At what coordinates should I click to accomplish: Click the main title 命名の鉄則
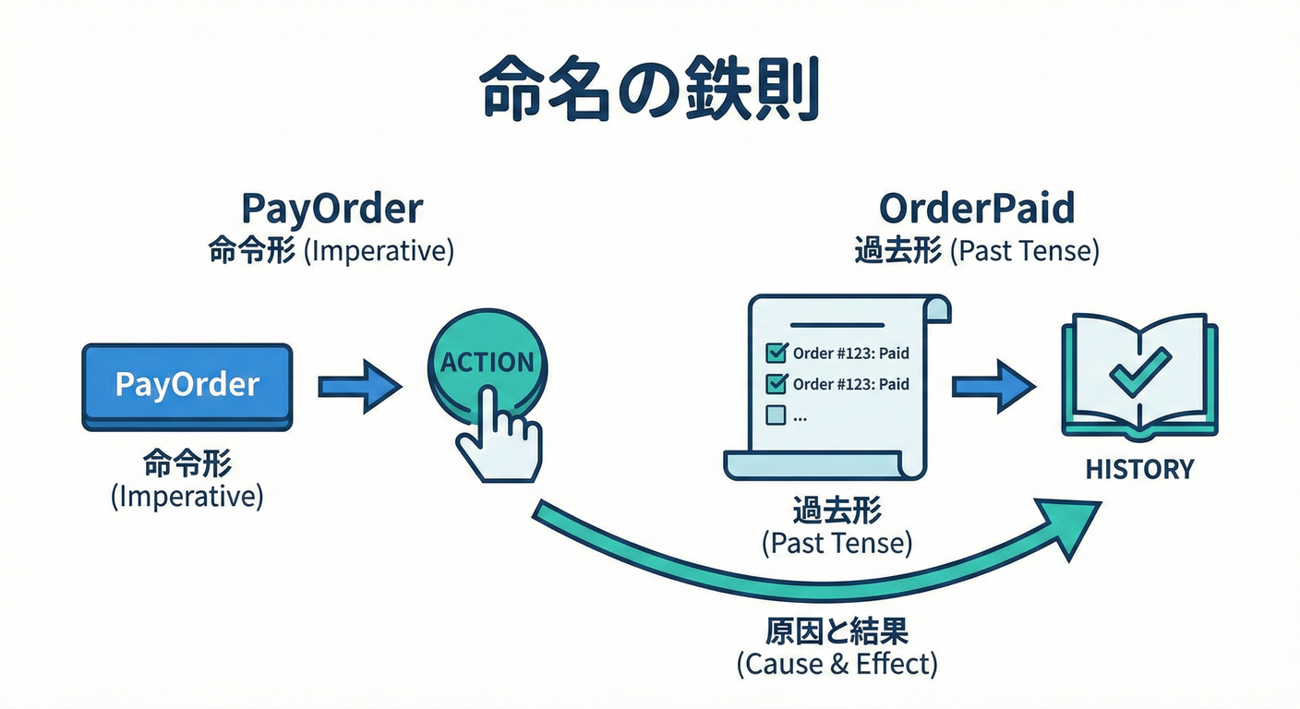(x=649, y=91)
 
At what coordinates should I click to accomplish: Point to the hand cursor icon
(x=500, y=434)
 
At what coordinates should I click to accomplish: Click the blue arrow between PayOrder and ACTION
(x=359, y=385)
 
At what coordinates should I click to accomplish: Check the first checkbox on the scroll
(x=776, y=353)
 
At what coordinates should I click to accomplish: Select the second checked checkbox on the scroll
(x=776, y=384)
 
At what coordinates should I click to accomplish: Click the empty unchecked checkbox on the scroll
(x=776, y=415)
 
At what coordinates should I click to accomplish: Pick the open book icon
(x=1139, y=374)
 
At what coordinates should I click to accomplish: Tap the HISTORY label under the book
(x=1139, y=469)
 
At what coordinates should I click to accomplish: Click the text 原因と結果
(x=837, y=631)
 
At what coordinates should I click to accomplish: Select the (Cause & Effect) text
(x=837, y=663)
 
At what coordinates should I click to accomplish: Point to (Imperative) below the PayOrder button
(x=187, y=497)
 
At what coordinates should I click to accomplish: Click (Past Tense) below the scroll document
(x=837, y=543)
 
